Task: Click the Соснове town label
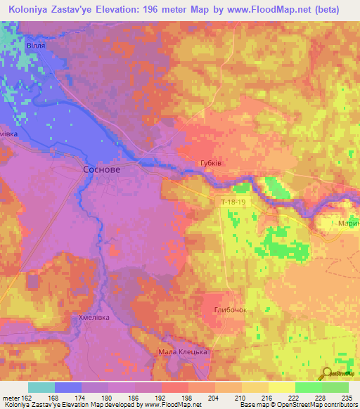pos(101,171)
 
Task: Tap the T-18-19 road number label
pos(233,202)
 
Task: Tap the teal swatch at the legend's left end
pos(41,387)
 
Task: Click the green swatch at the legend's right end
pos(335,387)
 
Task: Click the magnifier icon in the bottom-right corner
pos(327,373)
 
